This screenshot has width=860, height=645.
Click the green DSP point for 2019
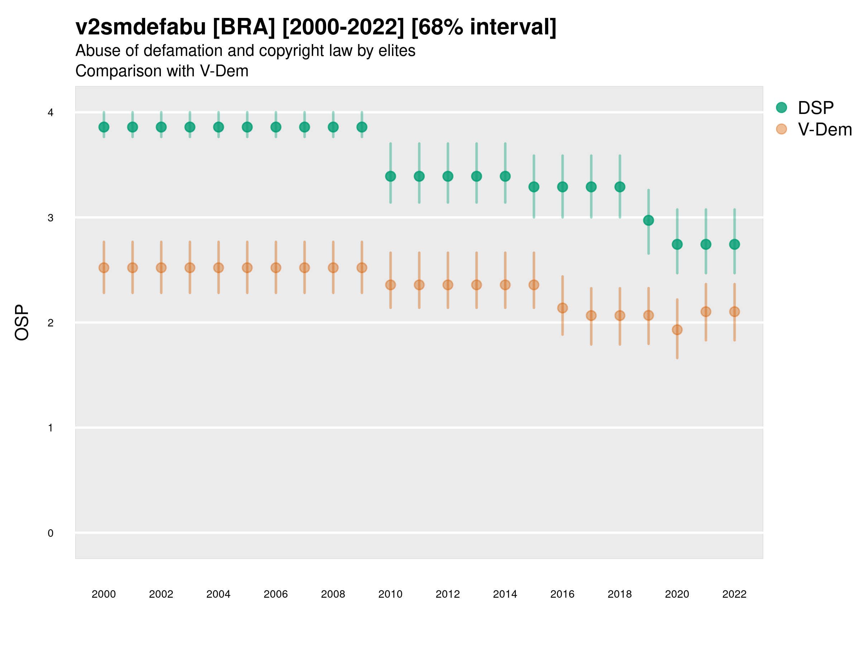649,220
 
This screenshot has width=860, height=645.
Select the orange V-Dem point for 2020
677,330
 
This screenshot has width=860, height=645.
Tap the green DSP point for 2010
391,177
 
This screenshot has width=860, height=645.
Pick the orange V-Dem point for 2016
563,308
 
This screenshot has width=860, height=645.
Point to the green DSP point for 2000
104,127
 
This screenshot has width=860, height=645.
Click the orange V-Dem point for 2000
104,268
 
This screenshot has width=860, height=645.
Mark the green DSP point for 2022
735,244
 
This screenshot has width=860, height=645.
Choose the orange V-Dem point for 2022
735,311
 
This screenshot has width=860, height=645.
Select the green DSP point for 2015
534,187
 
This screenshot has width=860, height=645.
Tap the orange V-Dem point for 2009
362,268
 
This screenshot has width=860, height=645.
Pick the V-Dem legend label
825,129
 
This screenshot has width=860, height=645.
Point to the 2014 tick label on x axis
505,594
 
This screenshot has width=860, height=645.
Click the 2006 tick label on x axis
276,594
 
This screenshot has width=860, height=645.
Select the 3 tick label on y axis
51,218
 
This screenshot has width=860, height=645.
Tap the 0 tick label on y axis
51,533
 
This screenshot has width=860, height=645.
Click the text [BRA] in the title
244,27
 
